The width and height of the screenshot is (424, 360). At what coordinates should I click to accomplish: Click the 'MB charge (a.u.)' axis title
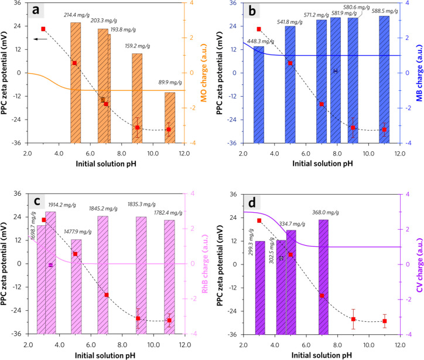pyautogui.click(x=418, y=72)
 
